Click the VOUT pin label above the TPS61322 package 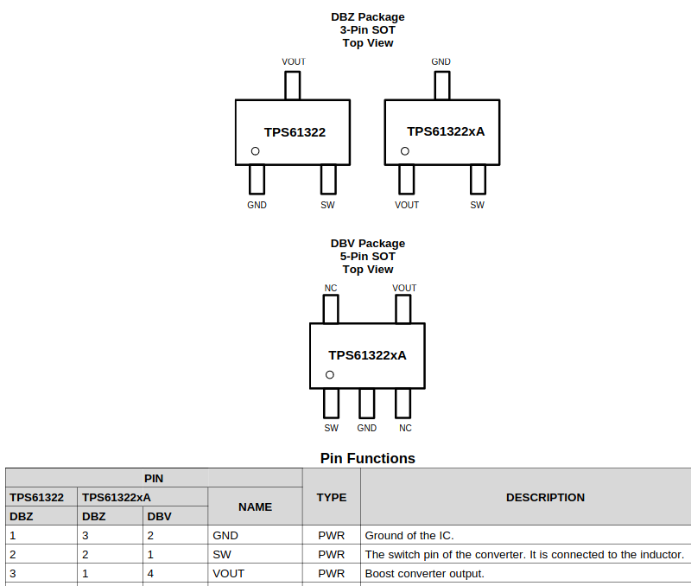(x=294, y=61)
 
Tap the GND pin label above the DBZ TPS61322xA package (x=441, y=61)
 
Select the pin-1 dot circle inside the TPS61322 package (x=255, y=151)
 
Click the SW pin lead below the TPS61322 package (x=328, y=180)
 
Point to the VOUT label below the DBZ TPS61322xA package (x=407, y=205)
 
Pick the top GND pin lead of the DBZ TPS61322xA (x=442, y=86)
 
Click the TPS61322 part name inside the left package (x=295, y=132)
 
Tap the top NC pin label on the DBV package (x=331, y=288)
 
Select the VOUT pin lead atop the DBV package (x=403, y=309)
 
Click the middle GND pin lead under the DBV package (x=366, y=404)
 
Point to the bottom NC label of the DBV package (x=405, y=428)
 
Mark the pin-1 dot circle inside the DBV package (x=330, y=375)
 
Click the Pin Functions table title (x=368, y=459)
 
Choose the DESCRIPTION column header (x=545, y=497)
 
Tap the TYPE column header (x=332, y=497)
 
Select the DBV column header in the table (x=159, y=516)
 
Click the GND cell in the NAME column (x=225, y=535)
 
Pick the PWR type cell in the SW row (x=332, y=554)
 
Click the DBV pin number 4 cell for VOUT (x=150, y=573)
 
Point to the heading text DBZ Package (x=368, y=17)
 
